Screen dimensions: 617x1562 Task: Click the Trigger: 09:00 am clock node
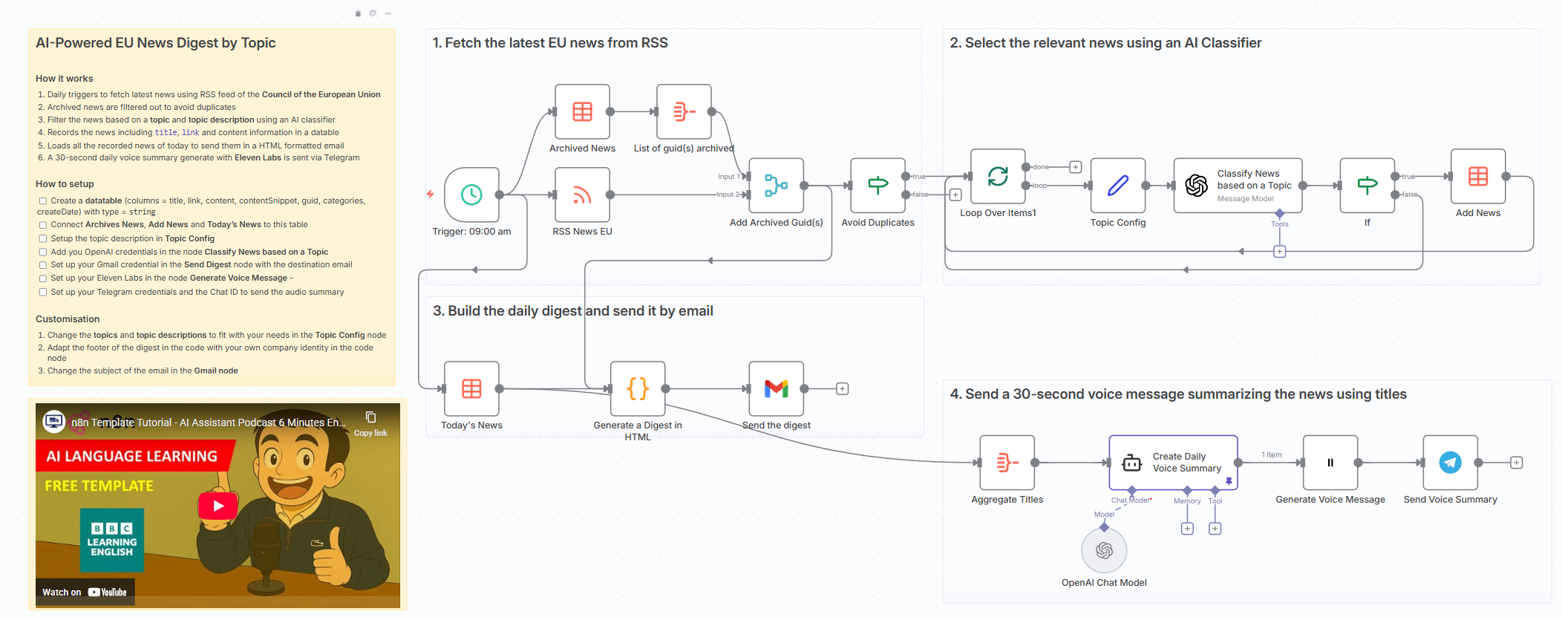point(471,195)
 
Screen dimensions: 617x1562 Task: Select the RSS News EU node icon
point(582,195)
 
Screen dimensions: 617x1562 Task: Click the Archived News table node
point(582,112)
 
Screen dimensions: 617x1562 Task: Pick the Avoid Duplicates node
point(878,186)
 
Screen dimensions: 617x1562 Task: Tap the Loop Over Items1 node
point(998,176)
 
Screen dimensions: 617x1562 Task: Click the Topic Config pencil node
point(1117,186)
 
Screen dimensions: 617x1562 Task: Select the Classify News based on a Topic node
point(1238,186)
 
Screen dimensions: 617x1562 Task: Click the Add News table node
point(1477,176)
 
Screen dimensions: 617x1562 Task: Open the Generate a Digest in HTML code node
point(638,388)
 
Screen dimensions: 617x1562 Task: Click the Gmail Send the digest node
point(776,388)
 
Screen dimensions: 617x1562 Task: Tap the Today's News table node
point(471,388)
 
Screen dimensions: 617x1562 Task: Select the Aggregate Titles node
point(1007,463)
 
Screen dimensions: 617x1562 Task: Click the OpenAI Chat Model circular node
point(1104,550)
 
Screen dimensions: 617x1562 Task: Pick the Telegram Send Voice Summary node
point(1450,463)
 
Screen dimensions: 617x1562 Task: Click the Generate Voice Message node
point(1330,463)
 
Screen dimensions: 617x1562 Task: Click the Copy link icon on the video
point(370,418)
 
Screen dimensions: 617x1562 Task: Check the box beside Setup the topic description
point(43,238)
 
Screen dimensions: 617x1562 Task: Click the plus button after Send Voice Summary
point(1516,463)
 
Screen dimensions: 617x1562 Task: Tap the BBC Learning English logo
point(112,540)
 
